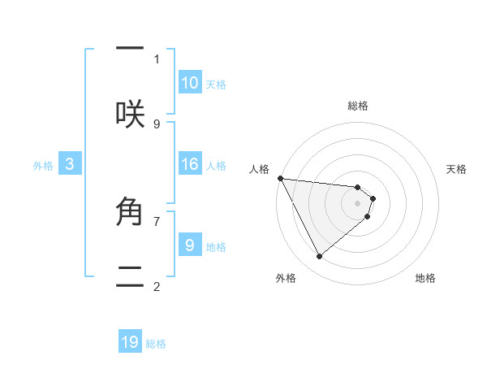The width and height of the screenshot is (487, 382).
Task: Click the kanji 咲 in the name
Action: [130, 115]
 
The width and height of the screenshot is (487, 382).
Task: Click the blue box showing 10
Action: [190, 82]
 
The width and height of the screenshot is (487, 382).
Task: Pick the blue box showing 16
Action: [190, 164]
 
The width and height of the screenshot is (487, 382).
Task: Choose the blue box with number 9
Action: [190, 245]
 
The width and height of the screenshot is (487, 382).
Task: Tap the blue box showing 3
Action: [70, 164]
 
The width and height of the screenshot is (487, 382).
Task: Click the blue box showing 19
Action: [130, 341]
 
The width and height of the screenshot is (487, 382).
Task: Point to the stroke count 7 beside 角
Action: [157, 220]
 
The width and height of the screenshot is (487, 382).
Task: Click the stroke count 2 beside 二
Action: [157, 285]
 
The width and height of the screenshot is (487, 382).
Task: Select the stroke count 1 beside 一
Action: [157, 59]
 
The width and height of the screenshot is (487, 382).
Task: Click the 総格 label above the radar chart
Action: [358, 106]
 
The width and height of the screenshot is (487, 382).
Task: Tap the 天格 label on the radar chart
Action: [457, 169]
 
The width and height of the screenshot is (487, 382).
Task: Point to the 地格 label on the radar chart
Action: [425, 278]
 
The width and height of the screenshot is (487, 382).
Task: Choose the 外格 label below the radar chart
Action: [286, 278]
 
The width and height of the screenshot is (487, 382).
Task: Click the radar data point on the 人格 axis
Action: [280, 178]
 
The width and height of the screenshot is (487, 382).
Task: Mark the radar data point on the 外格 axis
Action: [319, 256]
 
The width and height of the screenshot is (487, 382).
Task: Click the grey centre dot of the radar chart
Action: [358, 203]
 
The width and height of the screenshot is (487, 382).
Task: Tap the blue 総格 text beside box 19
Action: [156, 344]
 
